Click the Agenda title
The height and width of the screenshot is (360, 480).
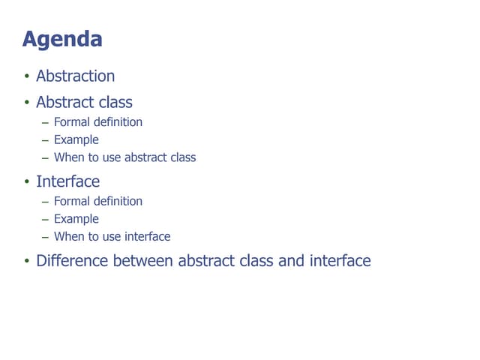tap(62, 39)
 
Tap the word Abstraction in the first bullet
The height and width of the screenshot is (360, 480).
tap(76, 76)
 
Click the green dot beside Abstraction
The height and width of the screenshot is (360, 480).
tap(26, 76)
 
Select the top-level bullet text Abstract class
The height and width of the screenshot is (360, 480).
tap(84, 102)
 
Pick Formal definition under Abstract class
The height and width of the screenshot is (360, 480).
tap(97, 121)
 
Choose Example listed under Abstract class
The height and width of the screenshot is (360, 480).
tap(76, 139)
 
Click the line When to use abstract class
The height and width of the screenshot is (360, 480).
tap(124, 157)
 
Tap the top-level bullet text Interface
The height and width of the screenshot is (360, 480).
tap(67, 181)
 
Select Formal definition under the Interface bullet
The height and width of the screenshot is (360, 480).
tap(97, 201)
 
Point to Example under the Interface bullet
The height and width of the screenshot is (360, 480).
tap(76, 219)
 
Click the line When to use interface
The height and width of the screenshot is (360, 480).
tap(112, 236)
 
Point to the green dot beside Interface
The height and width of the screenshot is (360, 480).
tap(26, 182)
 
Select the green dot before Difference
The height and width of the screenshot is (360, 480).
tap(26, 262)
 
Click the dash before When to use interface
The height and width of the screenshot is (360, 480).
tap(45, 237)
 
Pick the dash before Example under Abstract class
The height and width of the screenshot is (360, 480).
tap(45, 140)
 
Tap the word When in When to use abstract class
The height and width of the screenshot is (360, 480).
tap(68, 157)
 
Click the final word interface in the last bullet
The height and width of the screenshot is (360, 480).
tap(340, 261)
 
